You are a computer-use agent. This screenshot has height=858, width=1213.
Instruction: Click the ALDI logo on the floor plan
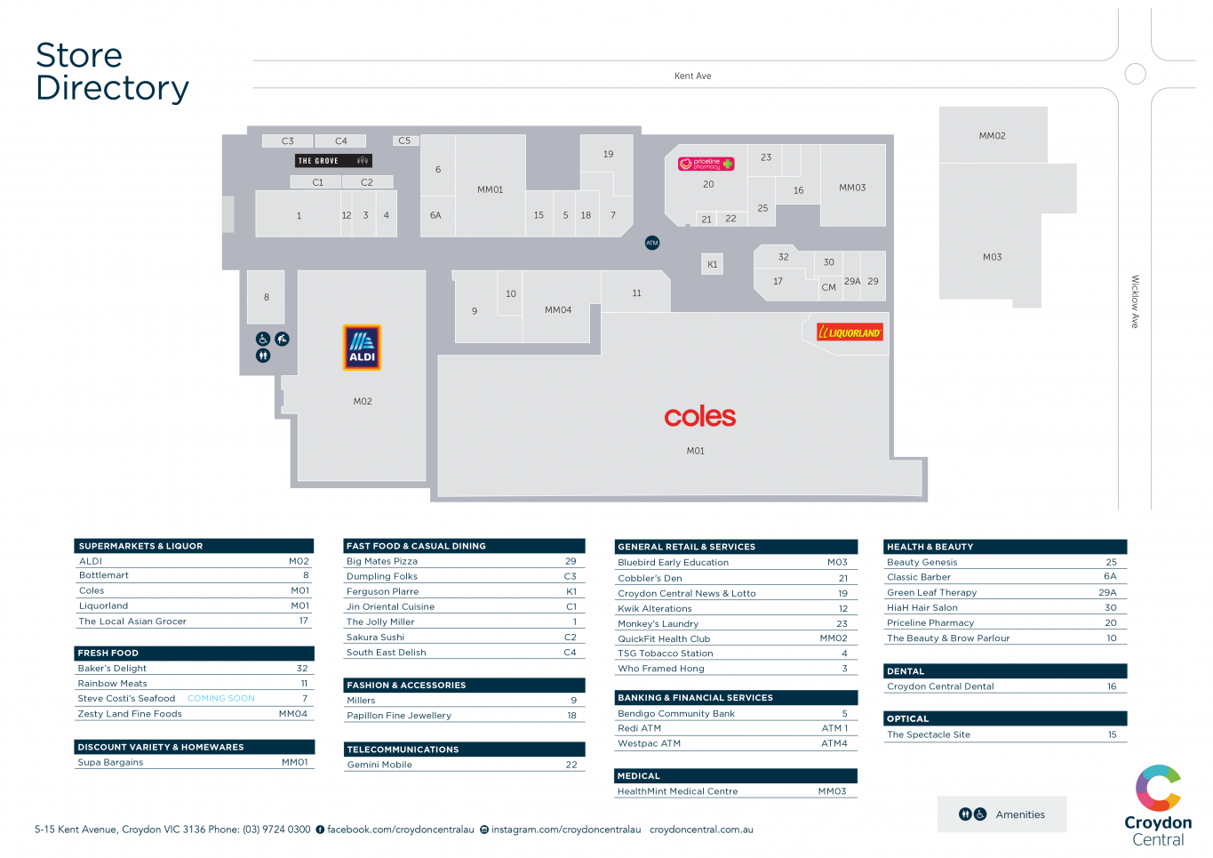pyautogui.click(x=362, y=348)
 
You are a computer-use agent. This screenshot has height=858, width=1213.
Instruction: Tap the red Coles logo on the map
pyautogui.click(x=699, y=416)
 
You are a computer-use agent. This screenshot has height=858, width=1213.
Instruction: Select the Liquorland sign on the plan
pyautogui.click(x=850, y=333)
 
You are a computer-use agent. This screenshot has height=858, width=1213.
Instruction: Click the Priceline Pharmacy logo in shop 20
pyautogui.click(x=706, y=164)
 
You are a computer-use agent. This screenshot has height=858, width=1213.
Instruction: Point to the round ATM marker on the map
pyautogui.click(x=652, y=243)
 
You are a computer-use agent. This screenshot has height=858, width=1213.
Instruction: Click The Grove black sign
pyautogui.click(x=333, y=161)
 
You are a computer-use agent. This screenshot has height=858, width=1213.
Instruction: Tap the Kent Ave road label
pyautogui.click(x=692, y=76)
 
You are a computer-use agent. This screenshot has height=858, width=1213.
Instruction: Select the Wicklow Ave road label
pyautogui.click(x=1135, y=301)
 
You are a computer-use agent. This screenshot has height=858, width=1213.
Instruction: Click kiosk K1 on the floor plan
pyautogui.click(x=712, y=264)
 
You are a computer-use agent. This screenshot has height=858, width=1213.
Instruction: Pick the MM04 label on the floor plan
pyautogui.click(x=558, y=310)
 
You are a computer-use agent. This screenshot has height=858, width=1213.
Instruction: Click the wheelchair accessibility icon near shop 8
pyautogui.click(x=263, y=339)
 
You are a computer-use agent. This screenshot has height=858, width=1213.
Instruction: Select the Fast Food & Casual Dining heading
pyautogui.click(x=416, y=546)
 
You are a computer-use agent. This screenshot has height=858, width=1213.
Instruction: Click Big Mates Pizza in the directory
pyautogui.click(x=382, y=561)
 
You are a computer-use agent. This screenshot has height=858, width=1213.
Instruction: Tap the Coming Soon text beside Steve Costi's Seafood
pyautogui.click(x=221, y=699)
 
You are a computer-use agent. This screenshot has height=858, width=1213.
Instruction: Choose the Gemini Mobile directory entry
pyautogui.click(x=379, y=765)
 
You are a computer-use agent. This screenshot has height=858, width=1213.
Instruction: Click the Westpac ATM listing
pyautogui.click(x=650, y=743)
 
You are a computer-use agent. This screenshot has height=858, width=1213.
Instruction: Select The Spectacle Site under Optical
pyautogui.click(x=929, y=734)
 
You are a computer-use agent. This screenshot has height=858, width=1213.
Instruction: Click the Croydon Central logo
pyautogui.click(x=1157, y=806)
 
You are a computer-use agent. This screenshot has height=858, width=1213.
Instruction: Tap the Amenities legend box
pyautogui.click(x=1002, y=814)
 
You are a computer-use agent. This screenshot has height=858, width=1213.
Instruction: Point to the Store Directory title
pyautogui.click(x=112, y=72)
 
